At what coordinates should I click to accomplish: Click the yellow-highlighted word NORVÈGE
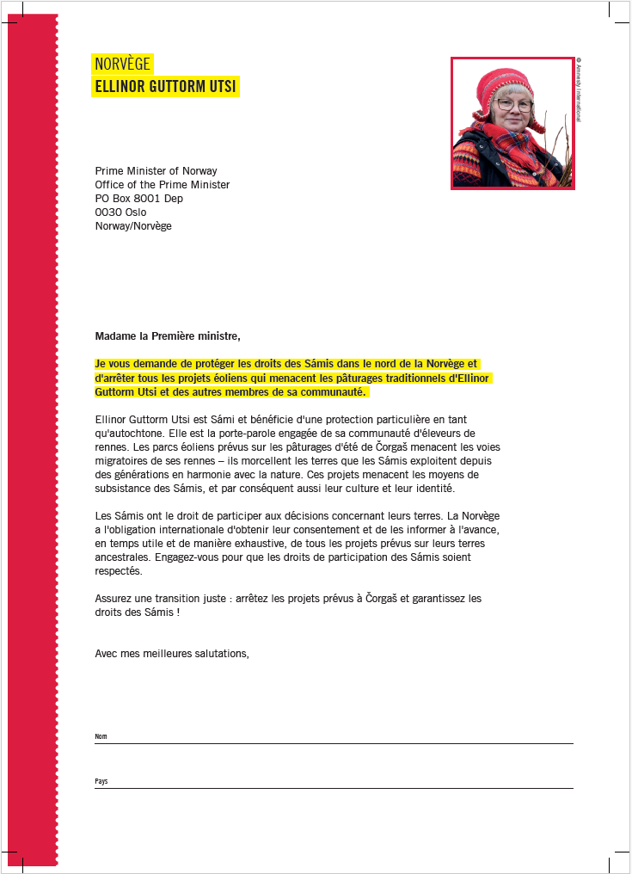click(122, 65)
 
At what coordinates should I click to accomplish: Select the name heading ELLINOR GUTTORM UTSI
click(165, 87)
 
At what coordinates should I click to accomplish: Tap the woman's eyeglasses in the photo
click(515, 105)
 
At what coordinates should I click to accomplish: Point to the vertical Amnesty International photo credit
click(580, 90)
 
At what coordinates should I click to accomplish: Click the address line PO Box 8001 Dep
click(138, 199)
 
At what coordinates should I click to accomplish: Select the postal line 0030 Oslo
click(120, 212)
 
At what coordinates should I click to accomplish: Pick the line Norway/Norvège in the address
click(133, 226)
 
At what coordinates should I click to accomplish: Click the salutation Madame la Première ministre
click(168, 335)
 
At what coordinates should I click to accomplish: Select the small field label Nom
click(101, 737)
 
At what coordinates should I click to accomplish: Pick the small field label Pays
click(101, 782)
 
